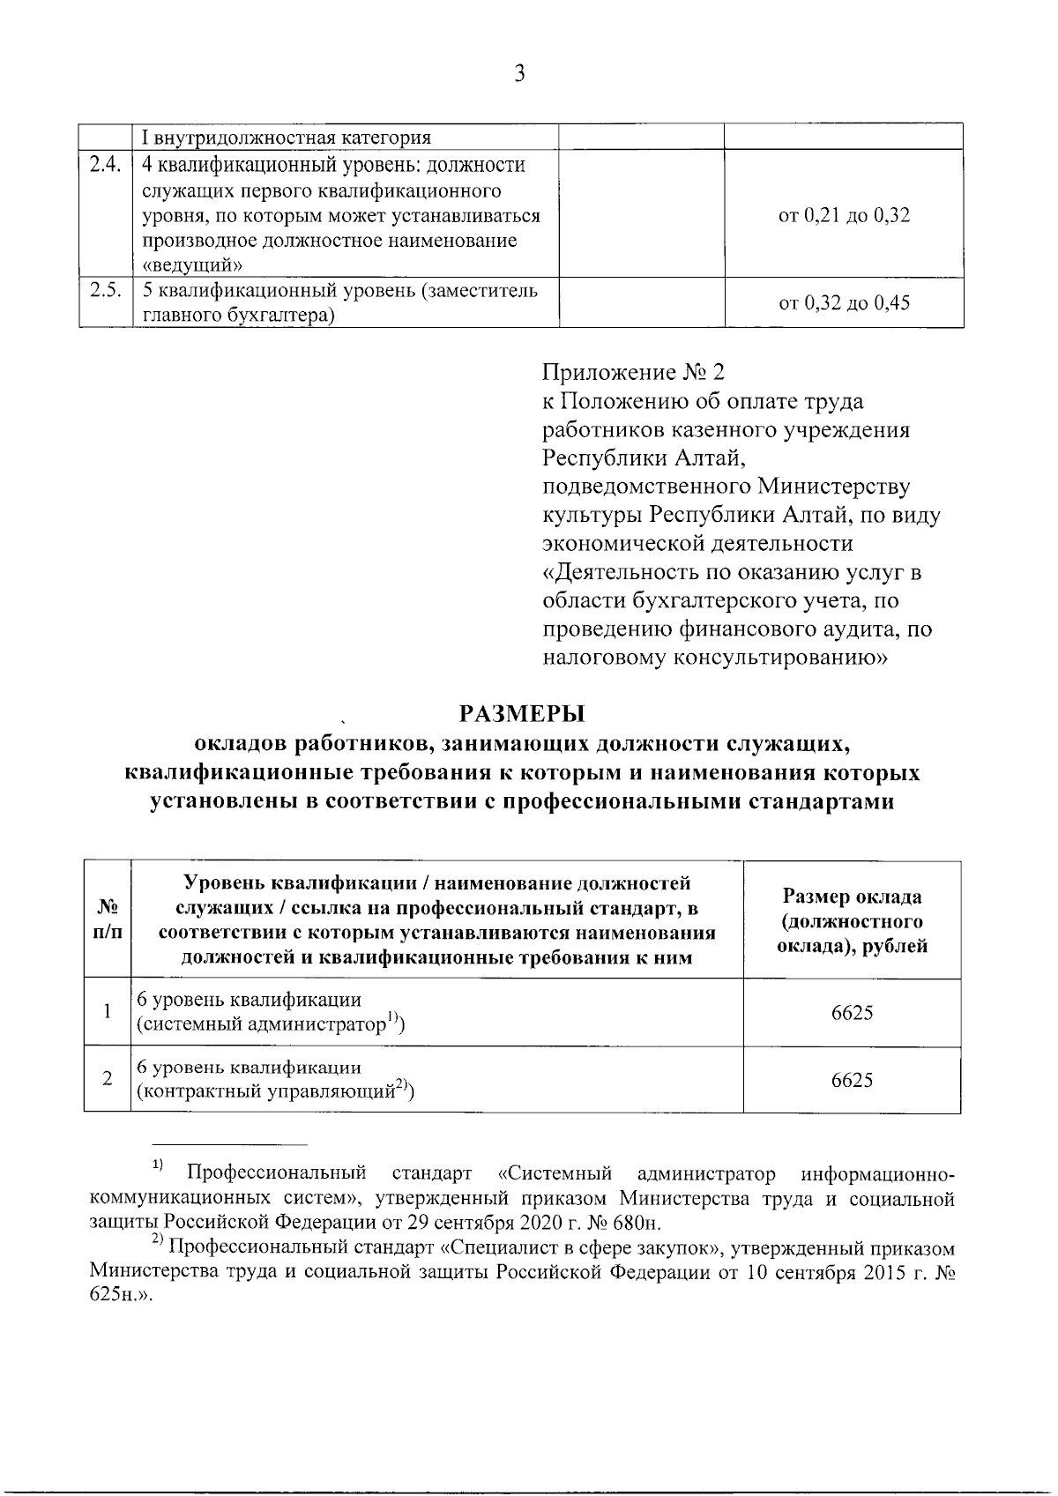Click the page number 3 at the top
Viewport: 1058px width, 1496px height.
(519, 74)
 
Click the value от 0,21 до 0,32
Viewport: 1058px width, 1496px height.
(844, 215)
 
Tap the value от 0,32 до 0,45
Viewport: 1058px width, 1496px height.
(844, 304)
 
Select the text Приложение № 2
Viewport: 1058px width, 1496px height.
(632, 373)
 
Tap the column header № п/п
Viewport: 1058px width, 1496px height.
(107, 919)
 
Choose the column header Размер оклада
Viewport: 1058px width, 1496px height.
(852, 897)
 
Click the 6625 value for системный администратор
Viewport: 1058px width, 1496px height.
(852, 1013)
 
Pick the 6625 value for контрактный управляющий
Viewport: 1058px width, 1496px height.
(852, 1080)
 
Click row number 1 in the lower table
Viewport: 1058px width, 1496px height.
(107, 1012)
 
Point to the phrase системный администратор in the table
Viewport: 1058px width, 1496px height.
(263, 1024)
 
